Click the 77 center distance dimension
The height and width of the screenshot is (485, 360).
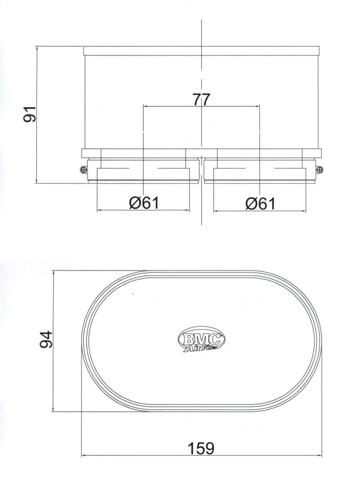point(201,100)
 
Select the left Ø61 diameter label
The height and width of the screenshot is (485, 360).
point(144,204)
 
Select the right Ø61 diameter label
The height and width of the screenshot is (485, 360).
point(260,204)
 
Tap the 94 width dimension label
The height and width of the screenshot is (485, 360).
point(46,340)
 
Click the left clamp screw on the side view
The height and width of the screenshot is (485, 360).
point(85,169)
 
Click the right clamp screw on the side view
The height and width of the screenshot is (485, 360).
point(319,169)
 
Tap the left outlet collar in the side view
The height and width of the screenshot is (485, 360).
point(143,173)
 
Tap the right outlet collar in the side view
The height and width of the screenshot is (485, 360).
point(260,173)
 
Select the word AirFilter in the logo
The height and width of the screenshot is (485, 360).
point(201,347)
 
